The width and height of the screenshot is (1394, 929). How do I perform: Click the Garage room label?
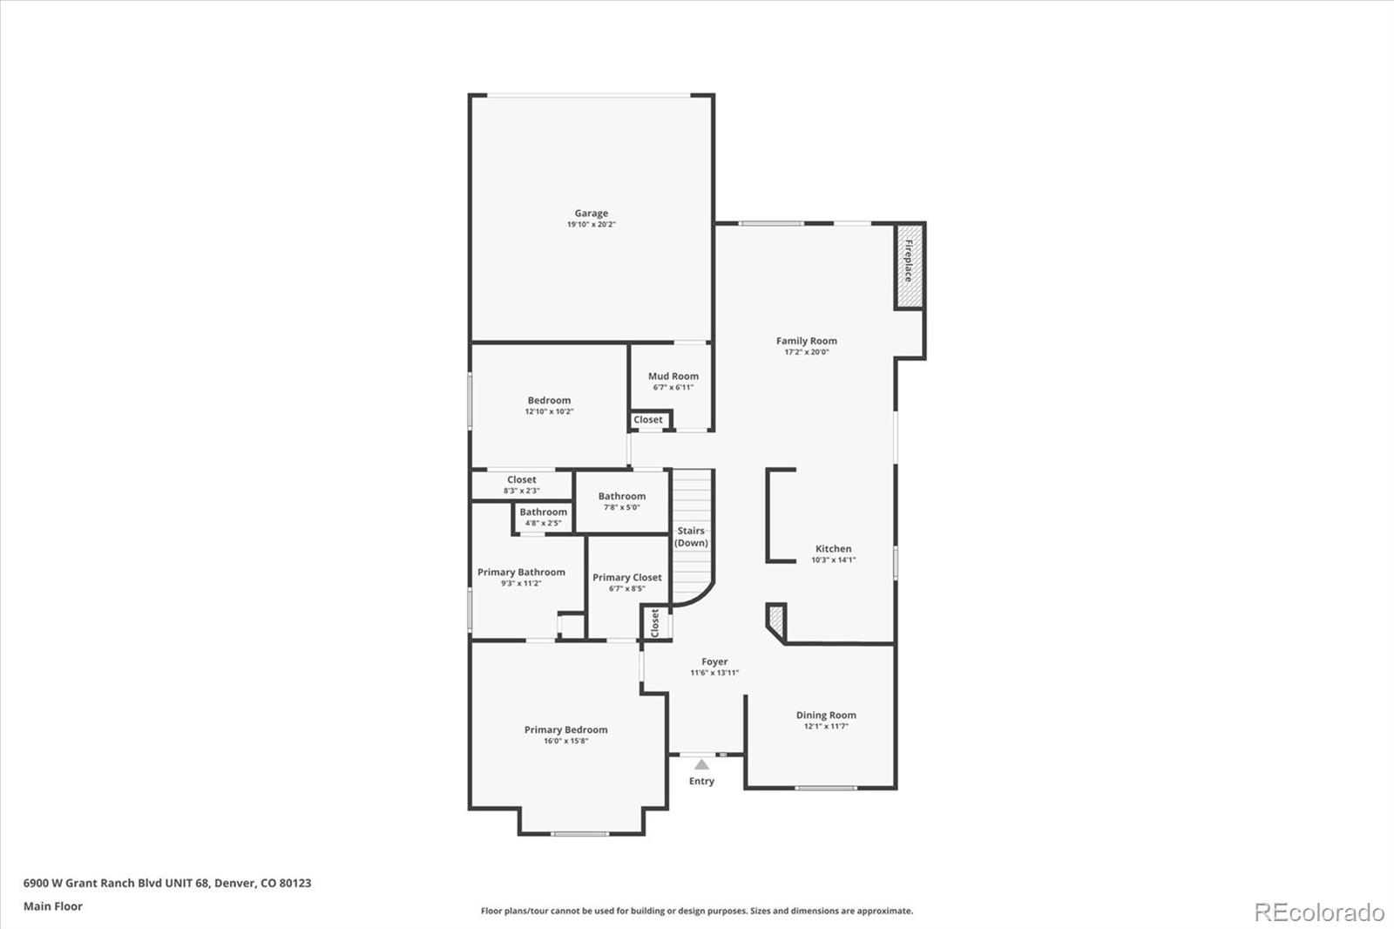coord(591,214)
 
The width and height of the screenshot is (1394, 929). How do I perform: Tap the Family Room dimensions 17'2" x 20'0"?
coord(806,352)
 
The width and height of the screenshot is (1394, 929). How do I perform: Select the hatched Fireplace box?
coord(908,267)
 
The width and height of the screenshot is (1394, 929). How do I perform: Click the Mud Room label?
coord(673,376)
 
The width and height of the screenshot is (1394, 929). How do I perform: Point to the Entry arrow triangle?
coord(701,764)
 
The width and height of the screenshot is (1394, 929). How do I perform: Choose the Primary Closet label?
coord(626,577)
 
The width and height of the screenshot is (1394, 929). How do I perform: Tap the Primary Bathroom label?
coord(521,573)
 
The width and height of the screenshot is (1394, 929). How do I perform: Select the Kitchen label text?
coord(833,549)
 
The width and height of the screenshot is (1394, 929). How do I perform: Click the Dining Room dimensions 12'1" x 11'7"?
coord(825,726)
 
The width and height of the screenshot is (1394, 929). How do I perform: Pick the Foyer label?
coord(714,661)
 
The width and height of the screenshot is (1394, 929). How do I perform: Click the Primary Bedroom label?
coord(565,730)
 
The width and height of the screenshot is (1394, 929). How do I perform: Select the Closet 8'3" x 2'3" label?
coord(521,480)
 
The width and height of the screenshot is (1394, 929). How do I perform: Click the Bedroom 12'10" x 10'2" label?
coord(549,401)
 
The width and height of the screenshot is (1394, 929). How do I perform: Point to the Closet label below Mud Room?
coord(647,420)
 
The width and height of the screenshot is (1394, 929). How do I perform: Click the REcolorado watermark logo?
coord(1318,912)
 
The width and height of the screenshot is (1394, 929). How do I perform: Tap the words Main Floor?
coord(53,906)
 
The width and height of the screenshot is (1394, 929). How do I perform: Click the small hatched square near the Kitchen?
coord(775,620)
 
